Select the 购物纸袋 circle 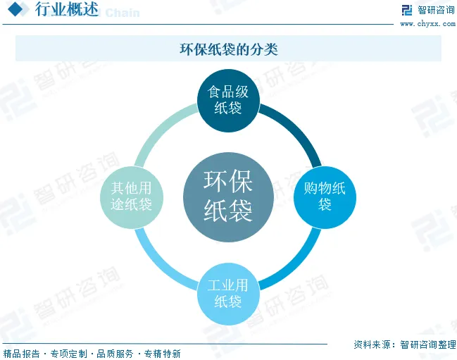(x=324, y=196)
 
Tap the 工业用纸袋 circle (x=227, y=293)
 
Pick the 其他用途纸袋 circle (x=131, y=196)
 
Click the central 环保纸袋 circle (x=227, y=196)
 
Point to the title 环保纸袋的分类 (x=228, y=49)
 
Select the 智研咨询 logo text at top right (x=436, y=10)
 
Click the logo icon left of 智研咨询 (x=406, y=10)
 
